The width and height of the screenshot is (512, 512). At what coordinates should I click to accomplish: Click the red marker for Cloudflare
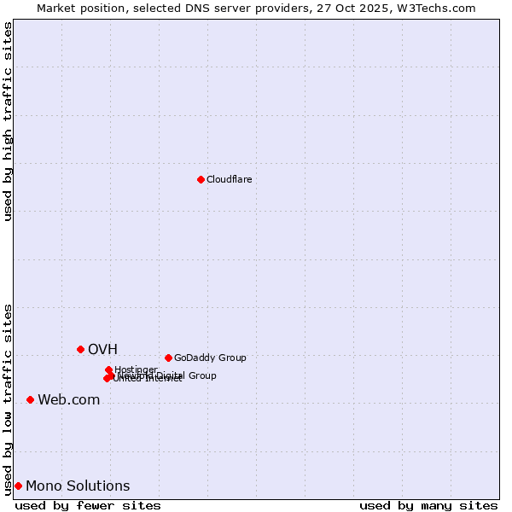[201, 179]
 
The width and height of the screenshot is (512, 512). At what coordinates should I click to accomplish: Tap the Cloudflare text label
[229, 179]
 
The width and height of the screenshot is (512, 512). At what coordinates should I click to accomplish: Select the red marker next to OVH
[80, 349]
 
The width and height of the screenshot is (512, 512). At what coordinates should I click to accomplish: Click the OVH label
[102, 349]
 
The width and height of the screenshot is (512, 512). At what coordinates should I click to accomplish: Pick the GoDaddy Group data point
[168, 358]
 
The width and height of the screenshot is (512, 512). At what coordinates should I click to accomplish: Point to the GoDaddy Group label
[210, 358]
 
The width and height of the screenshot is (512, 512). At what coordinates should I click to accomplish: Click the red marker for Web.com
[30, 399]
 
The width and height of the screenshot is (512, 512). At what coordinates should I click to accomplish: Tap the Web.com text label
[68, 399]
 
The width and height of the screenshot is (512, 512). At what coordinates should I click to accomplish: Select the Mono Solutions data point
[18, 486]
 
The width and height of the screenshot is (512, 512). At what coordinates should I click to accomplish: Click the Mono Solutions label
[78, 486]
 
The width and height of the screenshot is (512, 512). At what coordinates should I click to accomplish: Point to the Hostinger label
[136, 369]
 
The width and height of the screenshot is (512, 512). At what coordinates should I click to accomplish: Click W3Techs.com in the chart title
[440, 8]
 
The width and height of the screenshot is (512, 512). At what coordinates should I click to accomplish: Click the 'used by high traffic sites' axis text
[8, 121]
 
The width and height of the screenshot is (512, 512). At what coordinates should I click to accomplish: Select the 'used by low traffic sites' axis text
[8, 399]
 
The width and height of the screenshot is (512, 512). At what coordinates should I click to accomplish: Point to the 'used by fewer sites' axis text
[88, 505]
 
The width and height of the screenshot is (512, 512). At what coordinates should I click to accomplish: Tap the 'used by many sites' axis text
[428, 505]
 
